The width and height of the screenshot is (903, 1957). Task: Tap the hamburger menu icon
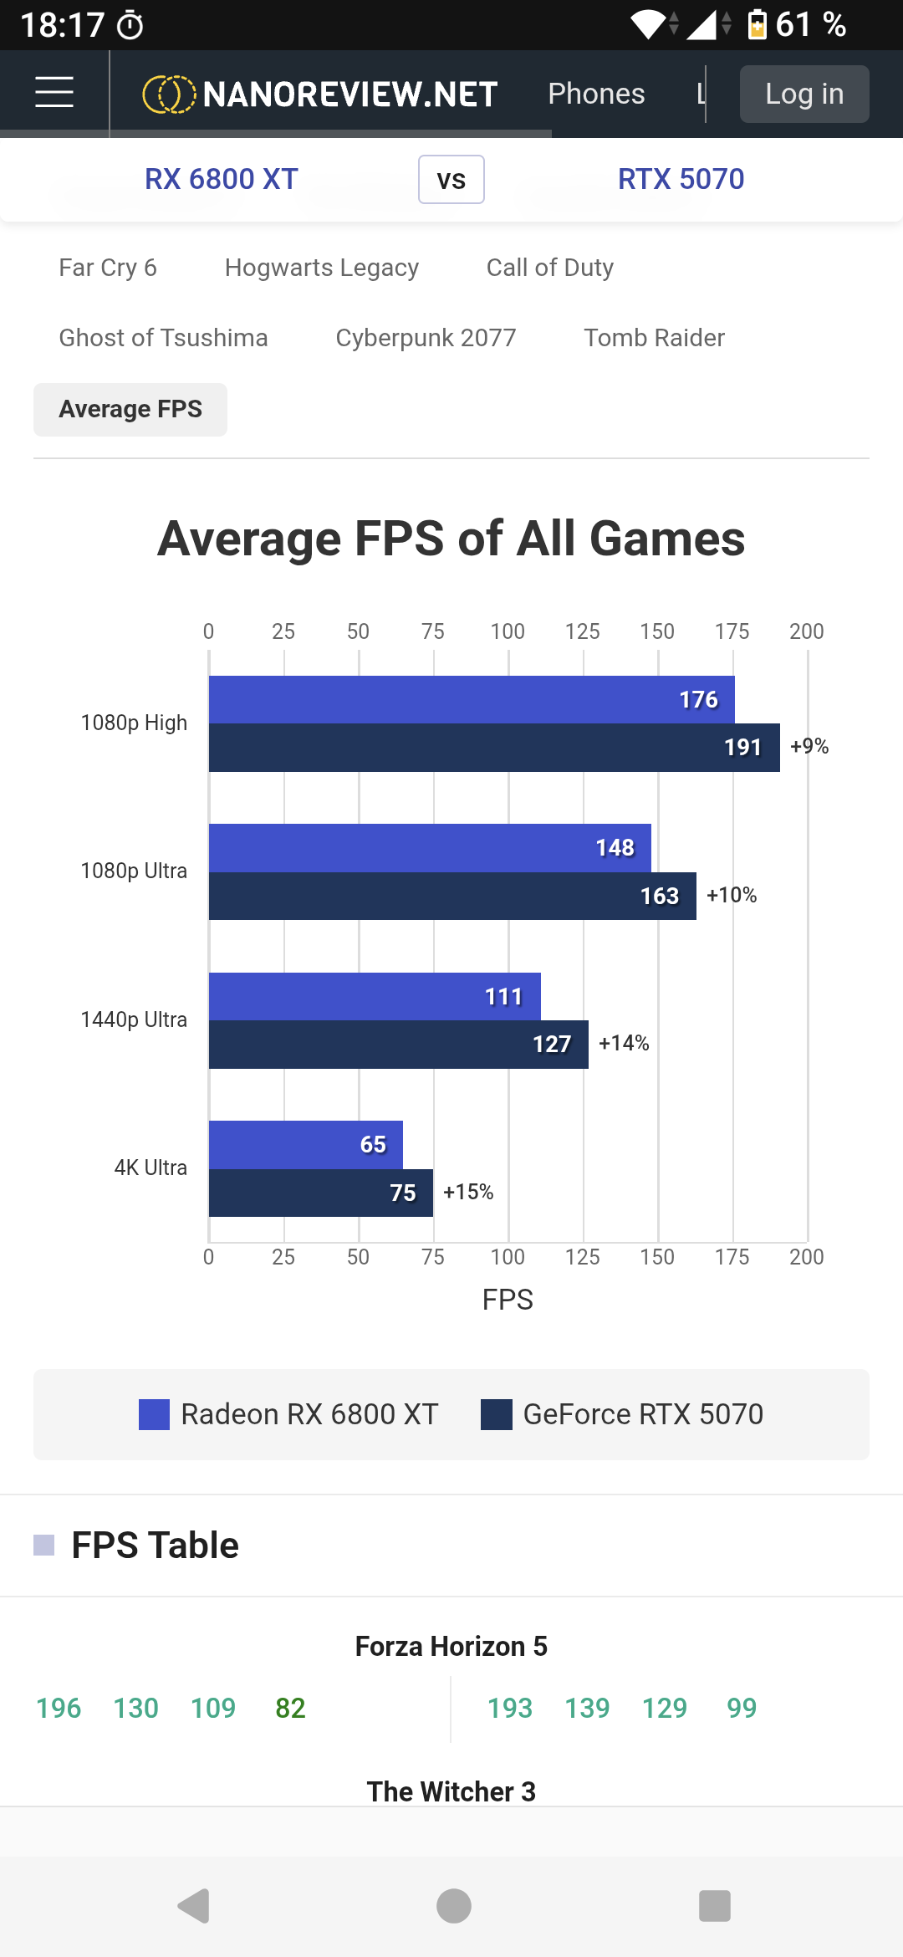tap(54, 92)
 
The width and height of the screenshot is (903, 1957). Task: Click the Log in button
tap(804, 94)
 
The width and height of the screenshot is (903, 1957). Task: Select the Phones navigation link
tap(596, 94)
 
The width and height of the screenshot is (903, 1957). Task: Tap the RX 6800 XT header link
tap(222, 179)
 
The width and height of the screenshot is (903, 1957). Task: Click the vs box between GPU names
tap(451, 179)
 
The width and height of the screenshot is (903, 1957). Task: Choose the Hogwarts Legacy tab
tap(322, 268)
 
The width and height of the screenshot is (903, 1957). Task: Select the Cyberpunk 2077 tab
tap(426, 338)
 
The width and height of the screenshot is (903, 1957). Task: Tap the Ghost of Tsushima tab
tap(163, 338)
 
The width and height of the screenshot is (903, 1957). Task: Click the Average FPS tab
tap(130, 410)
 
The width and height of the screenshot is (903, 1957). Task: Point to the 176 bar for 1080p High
tap(472, 699)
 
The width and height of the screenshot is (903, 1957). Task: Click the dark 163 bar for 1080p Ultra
tap(452, 896)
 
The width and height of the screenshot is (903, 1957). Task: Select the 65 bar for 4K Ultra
tap(306, 1144)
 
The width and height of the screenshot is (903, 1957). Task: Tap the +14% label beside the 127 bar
tap(624, 1043)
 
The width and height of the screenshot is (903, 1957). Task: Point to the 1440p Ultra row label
tap(134, 1019)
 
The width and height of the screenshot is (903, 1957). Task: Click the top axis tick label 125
tap(583, 631)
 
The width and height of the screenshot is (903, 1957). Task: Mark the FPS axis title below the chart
tap(508, 1300)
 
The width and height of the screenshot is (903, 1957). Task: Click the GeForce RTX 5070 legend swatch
tap(497, 1414)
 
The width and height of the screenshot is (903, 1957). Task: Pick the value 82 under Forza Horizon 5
tap(290, 1708)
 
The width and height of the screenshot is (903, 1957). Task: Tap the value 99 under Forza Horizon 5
tap(742, 1708)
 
